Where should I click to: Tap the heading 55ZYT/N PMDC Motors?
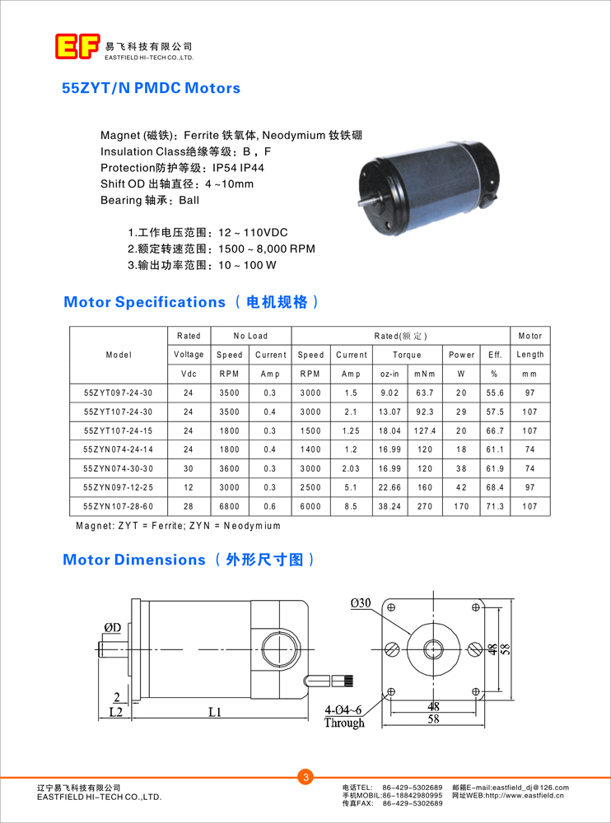click(x=152, y=88)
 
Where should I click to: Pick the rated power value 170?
click(x=461, y=506)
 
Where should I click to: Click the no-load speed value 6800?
click(x=229, y=506)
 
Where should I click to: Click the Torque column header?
click(x=407, y=355)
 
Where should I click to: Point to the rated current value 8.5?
click(x=351, y=506)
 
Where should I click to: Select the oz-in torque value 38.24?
click(x=389, y=506)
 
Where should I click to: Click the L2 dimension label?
click(x=116, y=711)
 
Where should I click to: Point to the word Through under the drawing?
click(x=344, y=723)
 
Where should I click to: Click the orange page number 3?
click(x=305, y=777)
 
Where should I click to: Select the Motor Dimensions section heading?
click(x=133, y=560)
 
